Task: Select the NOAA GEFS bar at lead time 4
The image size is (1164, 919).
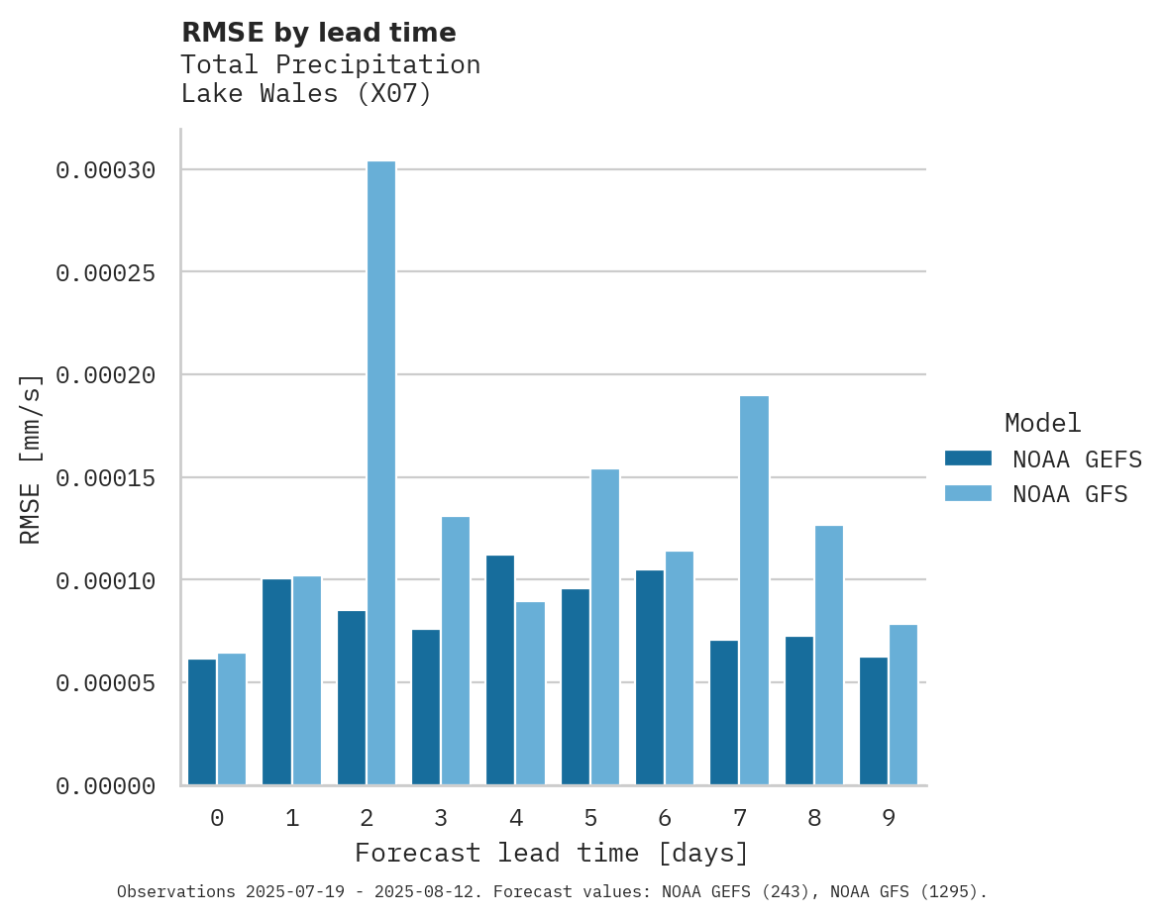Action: [x=500, y=670]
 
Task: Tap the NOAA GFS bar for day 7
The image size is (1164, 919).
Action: [x=754, y=590]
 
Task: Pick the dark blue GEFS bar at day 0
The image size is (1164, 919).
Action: [x=202, y=722]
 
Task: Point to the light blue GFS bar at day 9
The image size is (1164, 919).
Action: [x=903, y=705]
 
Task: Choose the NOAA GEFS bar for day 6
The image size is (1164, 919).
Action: [x=650, y=677]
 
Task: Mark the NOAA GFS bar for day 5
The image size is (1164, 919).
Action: [x=605, y=627]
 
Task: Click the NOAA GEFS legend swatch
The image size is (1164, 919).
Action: [x=968, y=458]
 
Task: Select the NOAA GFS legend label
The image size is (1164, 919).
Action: [x=1070, y=493]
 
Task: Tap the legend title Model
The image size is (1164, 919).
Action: [x=1042, y=423]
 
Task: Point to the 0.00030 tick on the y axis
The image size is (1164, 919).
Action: [x=105, y=170]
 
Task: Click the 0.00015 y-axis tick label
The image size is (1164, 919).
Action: [x=105, y=478]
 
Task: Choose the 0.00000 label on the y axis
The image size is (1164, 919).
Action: [x=105, y=786]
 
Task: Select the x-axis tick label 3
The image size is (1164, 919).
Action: [x=441, y=818]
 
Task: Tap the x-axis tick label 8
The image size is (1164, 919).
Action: [x=814, y=818]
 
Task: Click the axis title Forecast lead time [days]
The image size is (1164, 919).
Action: [x=552, y=853]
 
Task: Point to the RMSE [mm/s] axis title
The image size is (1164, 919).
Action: [x=31, y=459]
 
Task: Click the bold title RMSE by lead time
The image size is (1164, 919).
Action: [x=318, y=33]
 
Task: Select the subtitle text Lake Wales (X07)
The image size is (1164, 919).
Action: [x=306, y=95]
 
